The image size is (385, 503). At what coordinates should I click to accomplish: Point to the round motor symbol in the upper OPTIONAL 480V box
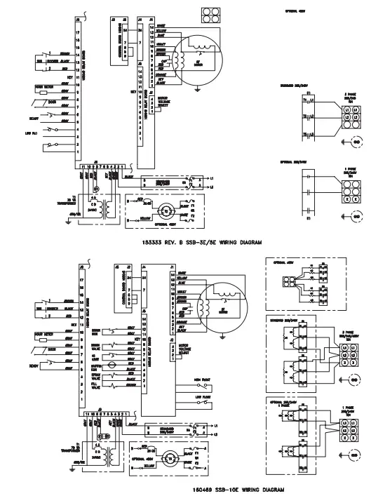point(165,210)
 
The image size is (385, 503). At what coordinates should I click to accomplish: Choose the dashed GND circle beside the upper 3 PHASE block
point(356,141)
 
